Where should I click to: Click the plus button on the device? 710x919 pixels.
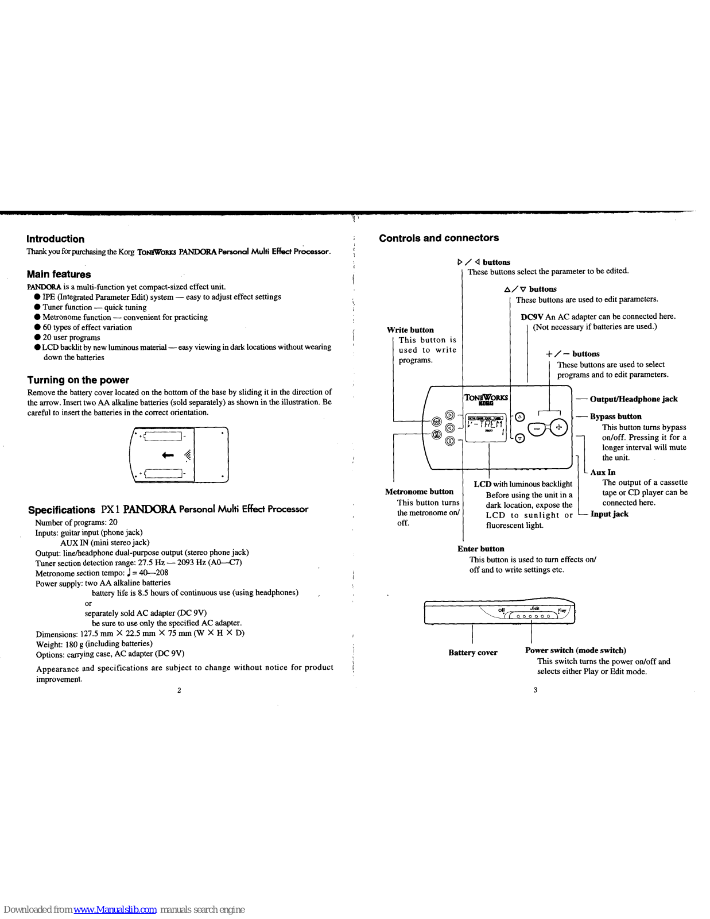[x=559, y=427]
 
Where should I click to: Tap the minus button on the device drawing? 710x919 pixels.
[x=537, y=428]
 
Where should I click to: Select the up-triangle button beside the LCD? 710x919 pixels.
[x=520, y=416]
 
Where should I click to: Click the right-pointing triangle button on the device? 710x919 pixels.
[x=450, y=415]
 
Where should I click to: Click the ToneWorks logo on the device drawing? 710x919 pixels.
[x=486, y=398]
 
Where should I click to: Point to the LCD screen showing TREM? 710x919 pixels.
[x=485, y=428]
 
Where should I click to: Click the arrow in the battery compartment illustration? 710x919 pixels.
[x=168, y=455]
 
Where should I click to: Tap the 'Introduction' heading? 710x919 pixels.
[x=55, y=239]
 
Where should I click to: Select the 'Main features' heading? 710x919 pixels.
[x=59, y=275]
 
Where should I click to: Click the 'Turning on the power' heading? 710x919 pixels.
[x=78, y=380]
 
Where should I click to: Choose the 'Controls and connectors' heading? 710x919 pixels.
[x=439, y=238]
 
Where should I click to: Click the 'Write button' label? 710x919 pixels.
[x=410, y=330]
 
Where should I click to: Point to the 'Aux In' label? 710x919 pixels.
[x=603, y=472]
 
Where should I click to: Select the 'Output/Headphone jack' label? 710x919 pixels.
[x=634, y=399]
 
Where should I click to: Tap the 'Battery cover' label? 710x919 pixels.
[x=472, y=652]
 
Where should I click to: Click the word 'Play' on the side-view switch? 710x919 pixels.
[x=562, y=610]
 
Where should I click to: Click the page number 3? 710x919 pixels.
[x=535, y=690]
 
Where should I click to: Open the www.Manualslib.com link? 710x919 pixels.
[x=115, y=910]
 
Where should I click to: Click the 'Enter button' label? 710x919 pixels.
[x=480, y=549]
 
